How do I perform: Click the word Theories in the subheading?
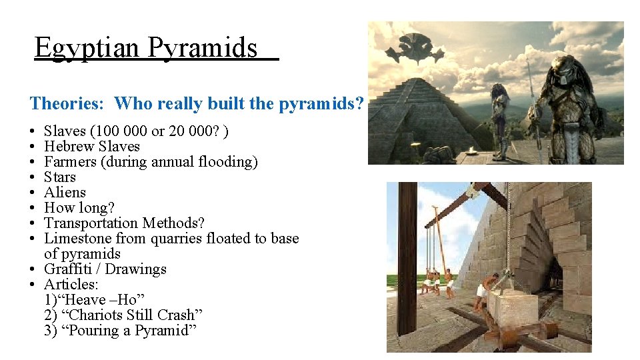[x=68, y=103]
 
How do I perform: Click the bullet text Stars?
[x=60, y=177]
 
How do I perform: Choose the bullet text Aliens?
[x=65, y=193]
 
